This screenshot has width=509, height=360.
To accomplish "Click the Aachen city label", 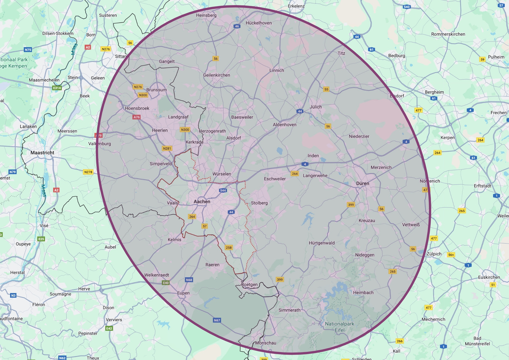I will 202,201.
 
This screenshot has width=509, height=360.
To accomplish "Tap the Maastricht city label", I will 45,152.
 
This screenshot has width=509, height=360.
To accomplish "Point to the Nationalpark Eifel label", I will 340,327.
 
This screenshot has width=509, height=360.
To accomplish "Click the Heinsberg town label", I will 206,15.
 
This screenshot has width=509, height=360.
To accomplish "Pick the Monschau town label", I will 265,343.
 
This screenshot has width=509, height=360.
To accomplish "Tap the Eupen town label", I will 183,293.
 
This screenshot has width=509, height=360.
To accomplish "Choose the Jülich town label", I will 316,107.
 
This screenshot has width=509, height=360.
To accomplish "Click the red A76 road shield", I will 136,117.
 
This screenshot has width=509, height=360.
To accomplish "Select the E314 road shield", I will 56,87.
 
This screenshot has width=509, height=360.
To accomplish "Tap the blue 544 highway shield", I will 223,191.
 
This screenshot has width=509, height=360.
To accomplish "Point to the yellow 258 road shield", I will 229,247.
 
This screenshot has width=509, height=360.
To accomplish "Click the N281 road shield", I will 166,149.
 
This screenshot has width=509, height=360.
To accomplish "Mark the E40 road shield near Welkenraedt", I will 166,283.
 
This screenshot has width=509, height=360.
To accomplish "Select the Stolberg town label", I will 259,203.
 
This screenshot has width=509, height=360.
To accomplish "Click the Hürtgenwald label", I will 322,243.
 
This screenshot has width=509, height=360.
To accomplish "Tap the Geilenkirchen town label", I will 217,75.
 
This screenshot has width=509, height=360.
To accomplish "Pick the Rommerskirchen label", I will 448,34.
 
